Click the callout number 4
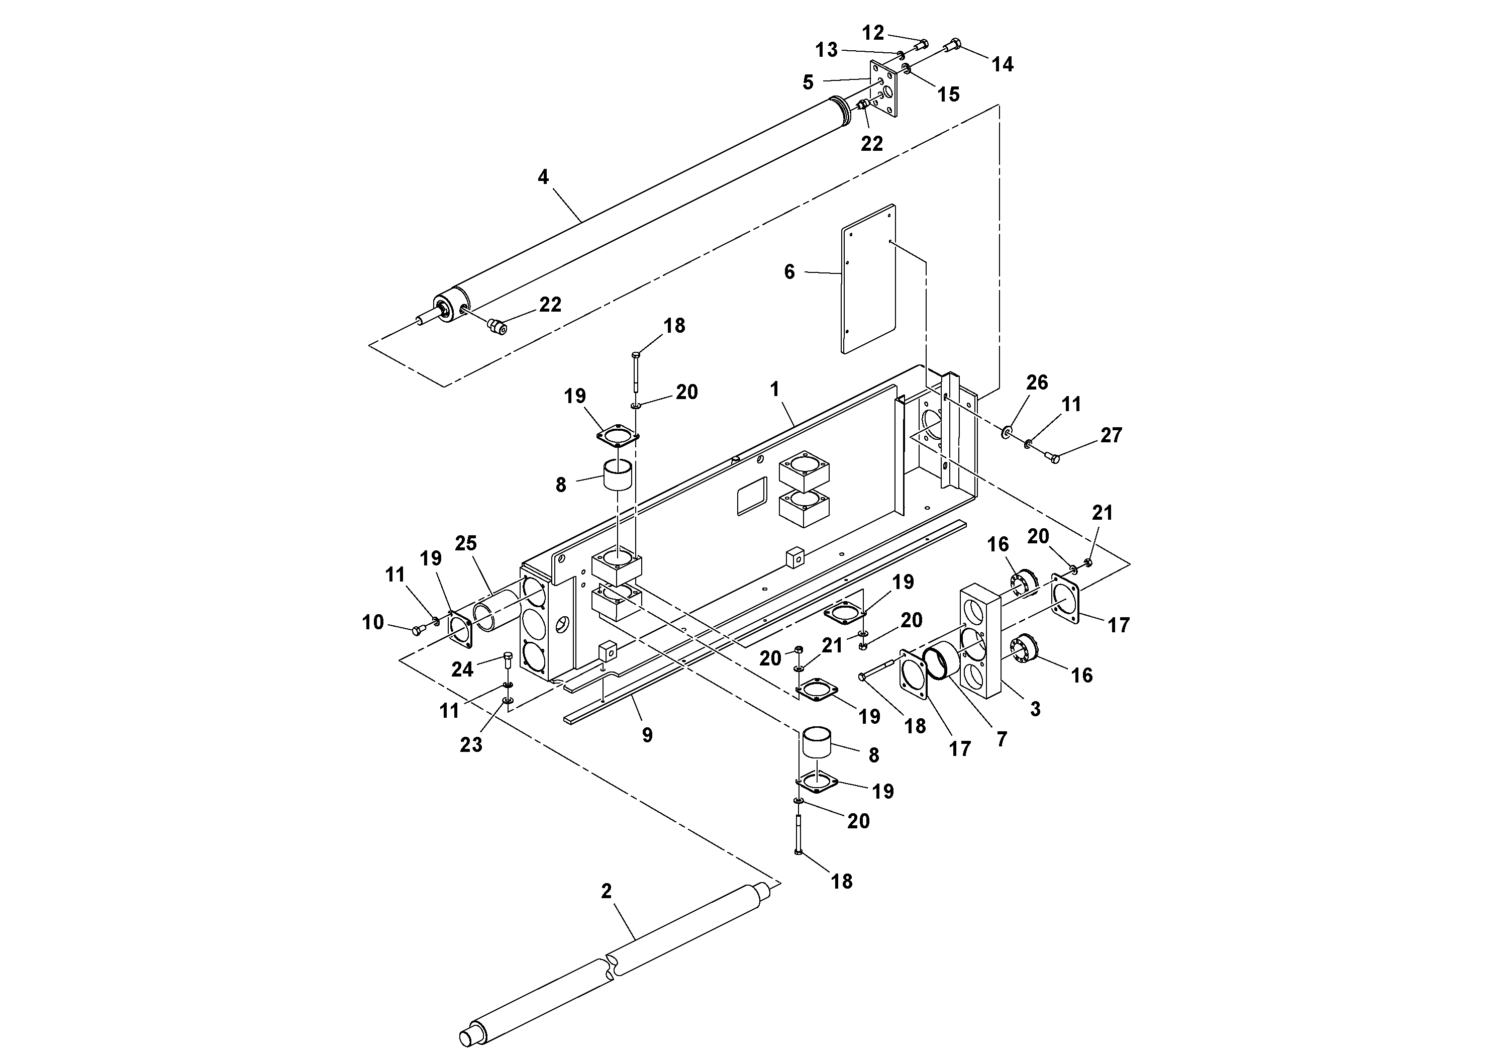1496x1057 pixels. (x=543, y=176)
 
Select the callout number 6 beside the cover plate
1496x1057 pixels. (x=789, y=272)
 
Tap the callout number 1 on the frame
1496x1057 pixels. (x=775, y=390)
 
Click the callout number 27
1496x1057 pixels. (x=1111, y=435)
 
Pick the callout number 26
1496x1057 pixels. (x=1037, y=382)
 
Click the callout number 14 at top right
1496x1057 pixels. (x=1002, y=64)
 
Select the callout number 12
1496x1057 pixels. (x=872, y=32)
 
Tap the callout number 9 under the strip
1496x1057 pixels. (x=647, y=735)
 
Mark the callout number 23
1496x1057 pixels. (x=470, y=744)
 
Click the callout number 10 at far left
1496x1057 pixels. (x=373, y=622)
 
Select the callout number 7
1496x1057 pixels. (x=1002, y=738)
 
